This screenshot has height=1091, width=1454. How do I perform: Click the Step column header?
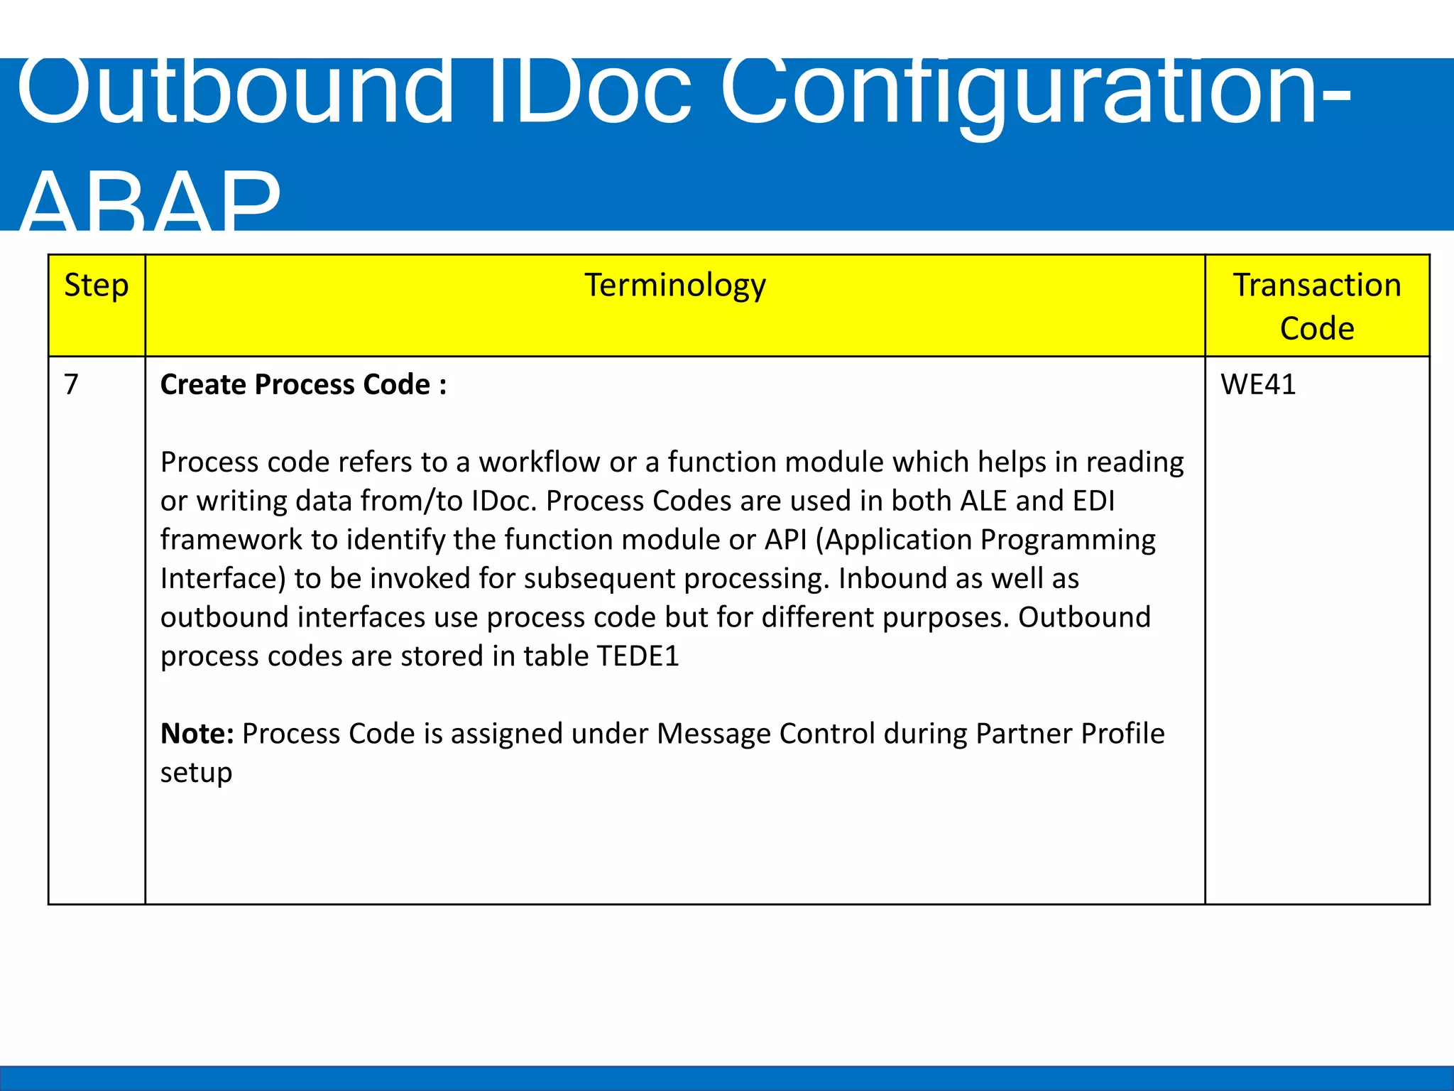click(x=97, y=286)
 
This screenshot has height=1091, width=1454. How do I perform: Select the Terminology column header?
click(x=675, y=286)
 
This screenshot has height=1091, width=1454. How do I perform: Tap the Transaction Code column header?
click(x=1317, y=306)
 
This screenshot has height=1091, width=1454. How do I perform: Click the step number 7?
click(x=71, y=384)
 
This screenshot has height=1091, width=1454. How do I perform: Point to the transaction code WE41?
click(x=1258, y=384)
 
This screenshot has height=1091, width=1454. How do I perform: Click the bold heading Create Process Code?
click(x=303, y=384)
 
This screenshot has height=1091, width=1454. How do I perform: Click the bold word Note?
click(x=197, y=733)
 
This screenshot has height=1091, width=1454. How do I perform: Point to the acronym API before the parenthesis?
click(x=785, y=540)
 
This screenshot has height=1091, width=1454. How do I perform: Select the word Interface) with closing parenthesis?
click(x=223, y=578)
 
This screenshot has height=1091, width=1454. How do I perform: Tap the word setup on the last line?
click(x=196, y=772)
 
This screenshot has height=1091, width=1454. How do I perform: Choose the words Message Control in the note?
click(x=766, y=733)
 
